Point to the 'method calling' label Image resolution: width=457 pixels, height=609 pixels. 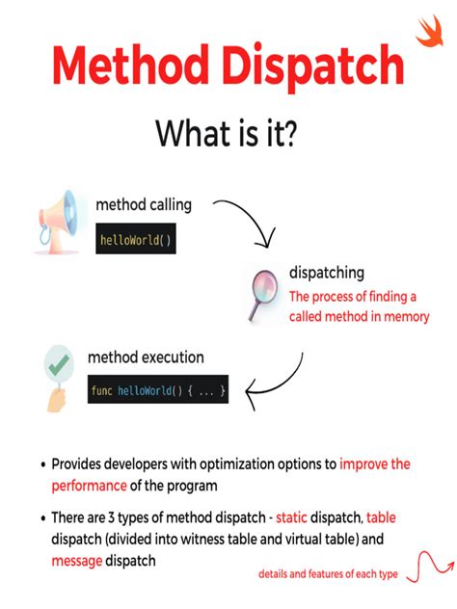pos(143,205)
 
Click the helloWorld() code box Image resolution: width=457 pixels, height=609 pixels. pos(136,240)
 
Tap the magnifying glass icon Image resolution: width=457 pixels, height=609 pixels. pos(258,293)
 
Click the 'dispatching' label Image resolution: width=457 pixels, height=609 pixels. pos(327,274)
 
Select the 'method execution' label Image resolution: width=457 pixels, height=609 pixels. pos(146,357)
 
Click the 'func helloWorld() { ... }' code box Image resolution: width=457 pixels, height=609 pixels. pos(158,390)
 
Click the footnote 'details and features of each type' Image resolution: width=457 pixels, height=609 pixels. pos(329,574)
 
